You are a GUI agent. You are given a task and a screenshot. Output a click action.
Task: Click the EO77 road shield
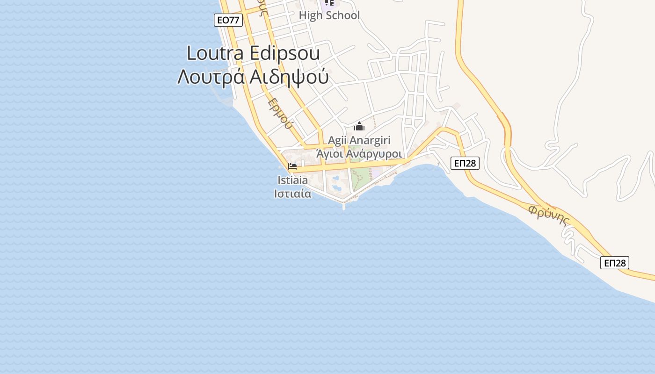coord(229,20)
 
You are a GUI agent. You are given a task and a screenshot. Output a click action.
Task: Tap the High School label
coord(329,15)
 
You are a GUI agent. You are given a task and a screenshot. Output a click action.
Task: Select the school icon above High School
coord(329,3)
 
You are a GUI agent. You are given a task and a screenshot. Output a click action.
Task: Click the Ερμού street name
coord(281,114)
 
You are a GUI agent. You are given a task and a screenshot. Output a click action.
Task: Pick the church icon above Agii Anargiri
coord(359,126)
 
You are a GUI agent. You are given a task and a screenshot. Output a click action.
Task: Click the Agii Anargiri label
coord(359,140)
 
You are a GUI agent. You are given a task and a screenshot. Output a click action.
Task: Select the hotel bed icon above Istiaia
coord(293,166)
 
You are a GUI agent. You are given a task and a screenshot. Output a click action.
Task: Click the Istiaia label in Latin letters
coord(293,180)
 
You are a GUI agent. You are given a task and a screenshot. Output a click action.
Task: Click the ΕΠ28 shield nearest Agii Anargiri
coord(465,163)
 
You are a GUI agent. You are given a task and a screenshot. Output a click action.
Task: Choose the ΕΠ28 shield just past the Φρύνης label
coord(615,263)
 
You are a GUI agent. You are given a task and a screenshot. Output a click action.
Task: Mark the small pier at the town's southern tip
coord(344,206)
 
